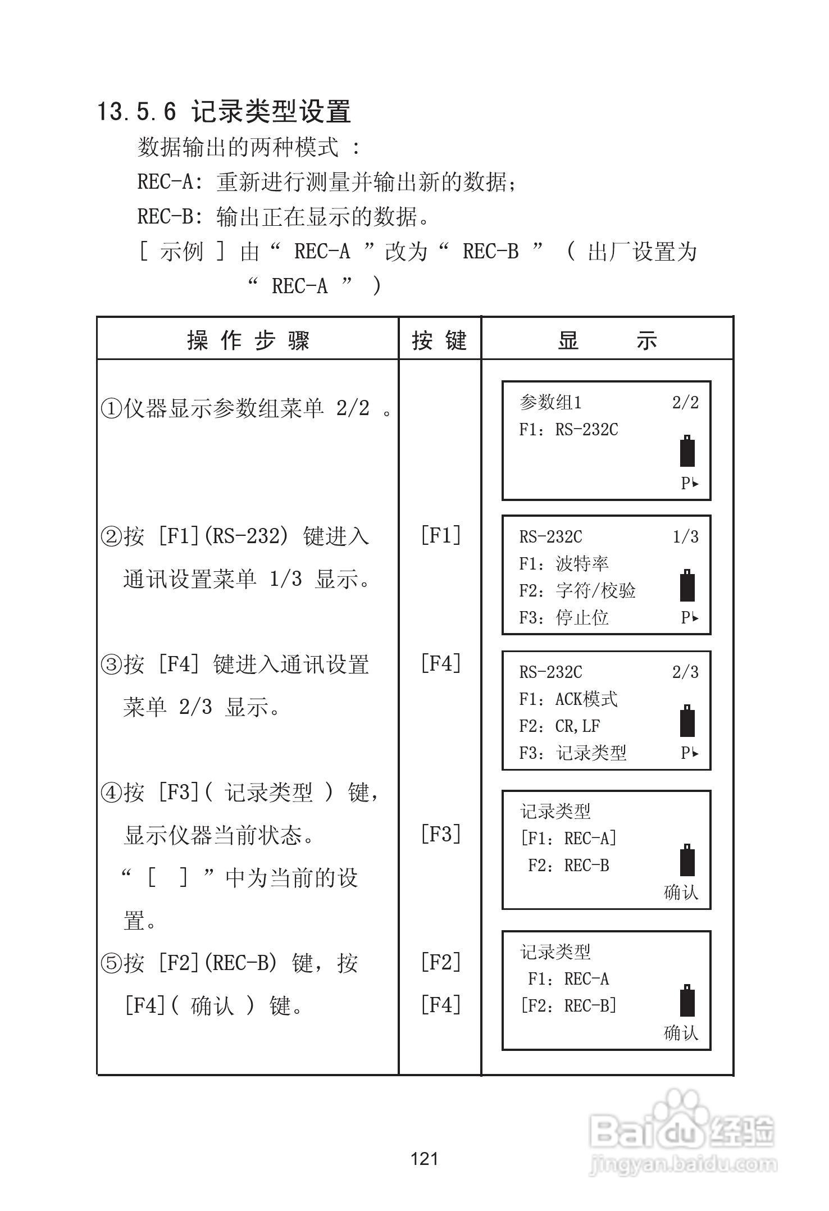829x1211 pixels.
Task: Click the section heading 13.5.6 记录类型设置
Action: (224, 111)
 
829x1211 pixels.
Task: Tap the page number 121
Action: (425, 1159)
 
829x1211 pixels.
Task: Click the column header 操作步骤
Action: (248, 340)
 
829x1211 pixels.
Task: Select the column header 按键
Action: (440, 340)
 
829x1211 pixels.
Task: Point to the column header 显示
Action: (607, 340)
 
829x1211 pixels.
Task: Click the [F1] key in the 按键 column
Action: (441, 535)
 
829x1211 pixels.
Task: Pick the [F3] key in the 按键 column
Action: (441, 834)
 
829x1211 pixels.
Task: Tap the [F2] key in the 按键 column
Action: (441, 963)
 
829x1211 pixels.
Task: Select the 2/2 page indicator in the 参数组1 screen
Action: (685, 403)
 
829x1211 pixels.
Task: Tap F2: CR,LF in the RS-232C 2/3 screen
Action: (559, 726)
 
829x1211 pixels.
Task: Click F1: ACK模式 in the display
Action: (568, 699)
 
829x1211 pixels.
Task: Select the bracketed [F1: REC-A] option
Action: (568, 839)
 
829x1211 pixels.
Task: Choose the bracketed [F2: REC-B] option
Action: (568, 1005)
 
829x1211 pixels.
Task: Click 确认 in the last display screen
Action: (681, 1032)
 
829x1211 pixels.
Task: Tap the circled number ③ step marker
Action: (111, 665)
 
